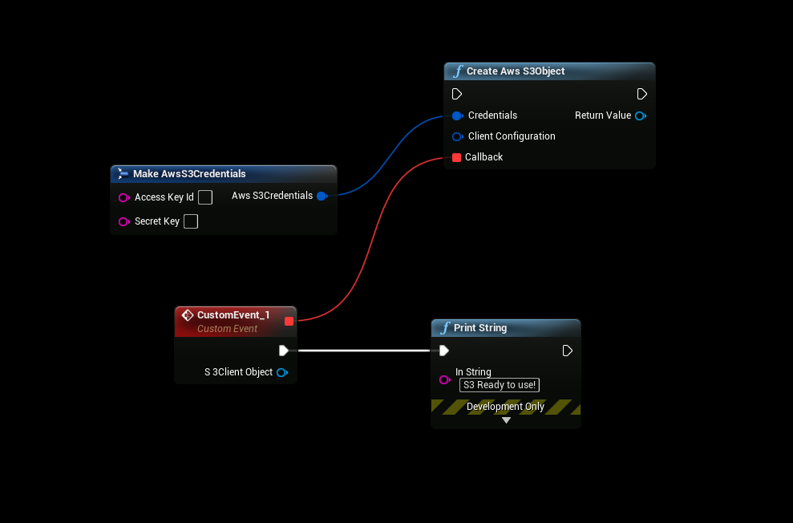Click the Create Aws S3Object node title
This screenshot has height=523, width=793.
516,71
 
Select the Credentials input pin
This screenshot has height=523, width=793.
457,116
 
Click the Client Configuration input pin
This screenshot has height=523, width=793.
457,136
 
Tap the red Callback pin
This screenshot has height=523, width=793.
456,157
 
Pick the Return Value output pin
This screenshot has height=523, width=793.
640,116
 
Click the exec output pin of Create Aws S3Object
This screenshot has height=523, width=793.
641,94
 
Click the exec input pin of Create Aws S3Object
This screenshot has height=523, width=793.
457,94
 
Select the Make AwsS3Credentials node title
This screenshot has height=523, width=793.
189,174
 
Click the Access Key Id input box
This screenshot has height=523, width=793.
205,197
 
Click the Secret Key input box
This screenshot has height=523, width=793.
191,221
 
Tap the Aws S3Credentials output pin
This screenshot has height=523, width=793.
322,196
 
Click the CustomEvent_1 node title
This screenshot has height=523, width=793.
233,315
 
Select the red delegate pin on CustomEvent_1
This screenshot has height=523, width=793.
289,321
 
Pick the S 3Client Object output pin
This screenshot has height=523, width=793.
281,372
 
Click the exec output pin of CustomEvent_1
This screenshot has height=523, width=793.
283,351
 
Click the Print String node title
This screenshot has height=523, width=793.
480,328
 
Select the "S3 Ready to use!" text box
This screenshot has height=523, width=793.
500,385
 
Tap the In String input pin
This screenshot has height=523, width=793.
444,379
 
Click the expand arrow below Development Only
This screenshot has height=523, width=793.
506,420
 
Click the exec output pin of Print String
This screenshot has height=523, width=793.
567,351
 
